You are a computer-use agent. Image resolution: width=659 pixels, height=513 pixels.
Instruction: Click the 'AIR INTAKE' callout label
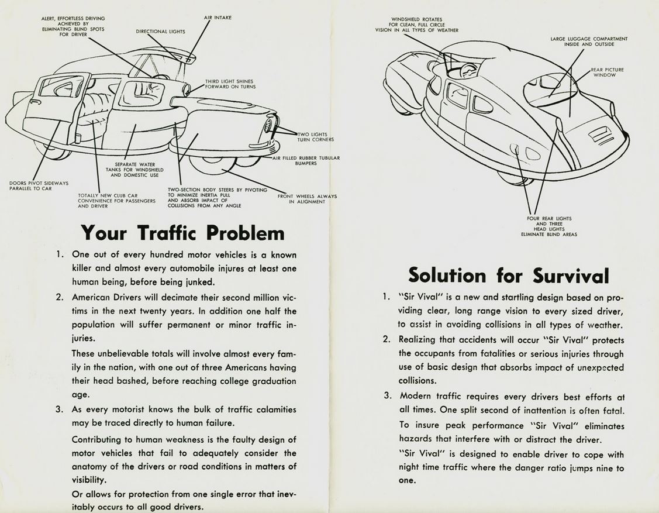pyautogui.click(x=218, y=18)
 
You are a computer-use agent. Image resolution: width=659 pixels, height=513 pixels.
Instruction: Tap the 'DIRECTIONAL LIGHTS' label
pyautogui.click(x=160, y=32)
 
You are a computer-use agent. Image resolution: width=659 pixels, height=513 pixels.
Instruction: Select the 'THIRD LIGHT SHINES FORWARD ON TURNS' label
pyautogui.click(x=230, y=84)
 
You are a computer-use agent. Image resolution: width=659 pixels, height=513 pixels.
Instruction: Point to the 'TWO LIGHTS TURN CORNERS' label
pyautogui.click(x=316, y=137)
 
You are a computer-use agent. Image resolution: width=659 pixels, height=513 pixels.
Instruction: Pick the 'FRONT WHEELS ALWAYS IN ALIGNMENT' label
pyautogui.click(x=307, y=199)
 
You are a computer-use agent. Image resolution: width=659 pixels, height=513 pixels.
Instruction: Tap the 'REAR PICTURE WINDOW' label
pyautogui.click(x=606, y=72)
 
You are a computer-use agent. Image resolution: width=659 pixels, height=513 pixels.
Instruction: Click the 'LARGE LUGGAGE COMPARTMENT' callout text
pyautogui.click(x=589, y=42)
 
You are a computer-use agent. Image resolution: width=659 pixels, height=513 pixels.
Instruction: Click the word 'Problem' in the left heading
pyautogui.click(x=245, y=233)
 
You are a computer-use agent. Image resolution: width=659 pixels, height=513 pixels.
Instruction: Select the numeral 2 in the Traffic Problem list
pyautogui.click(x=60, y=297)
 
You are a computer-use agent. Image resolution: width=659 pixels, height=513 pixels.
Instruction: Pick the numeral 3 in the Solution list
pyautogui.click(x=387, y=395)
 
